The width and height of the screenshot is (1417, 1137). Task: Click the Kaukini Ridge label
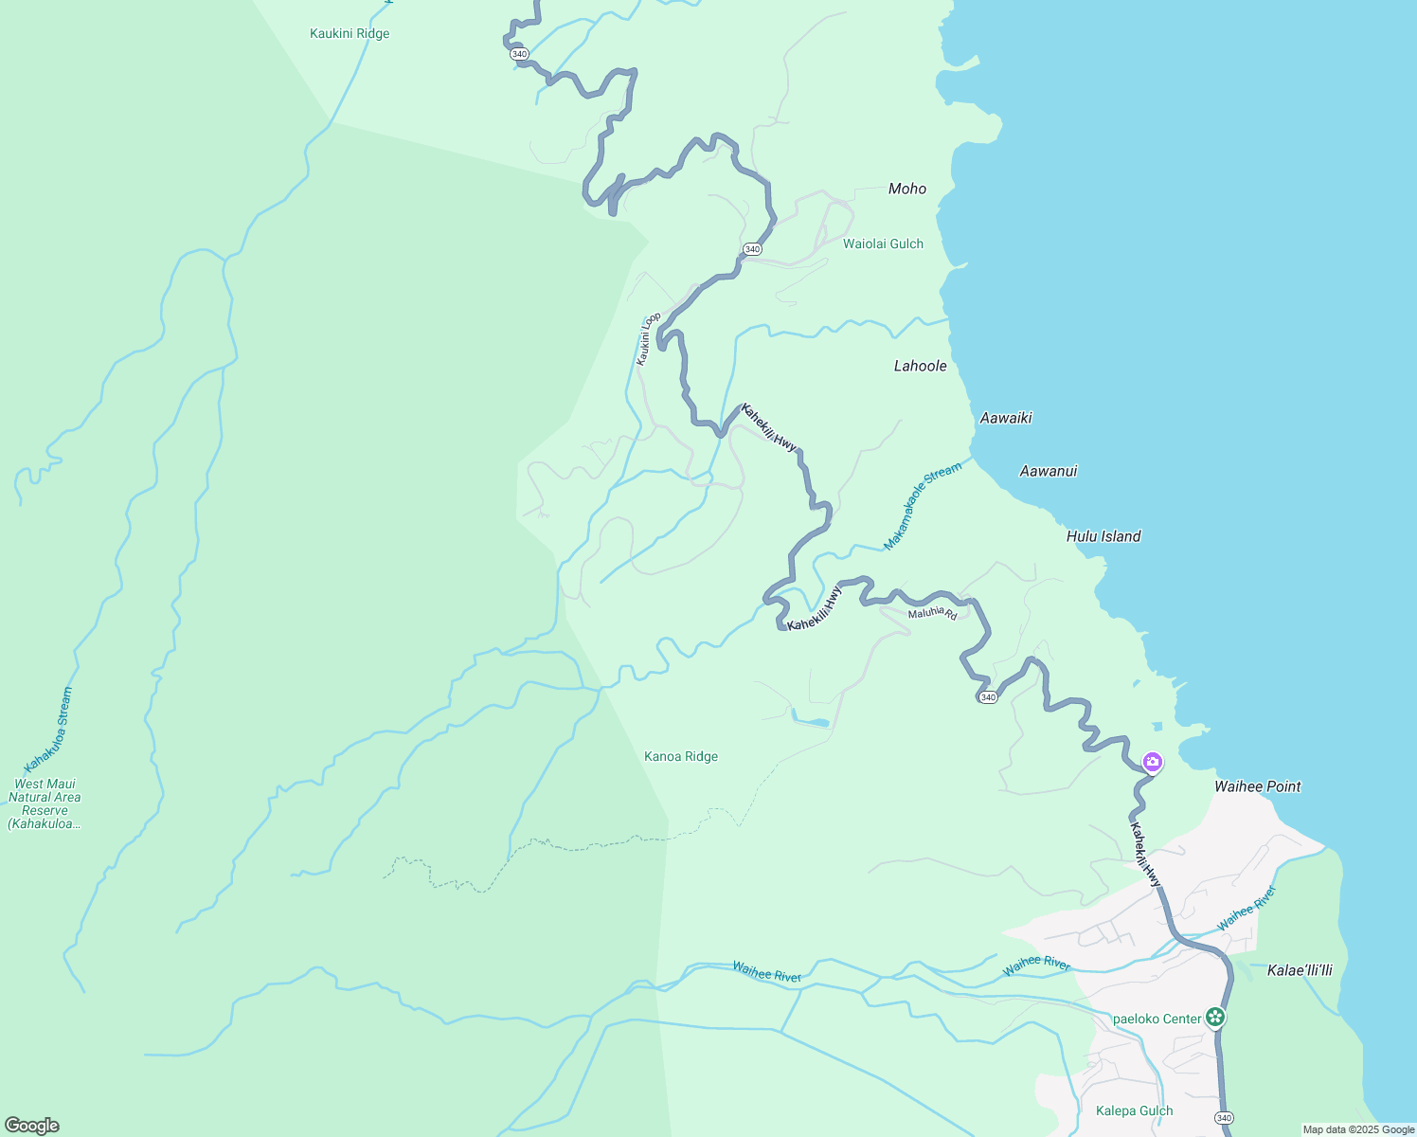(x=350, y=34)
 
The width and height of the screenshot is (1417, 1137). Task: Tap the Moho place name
(x=907, y=189)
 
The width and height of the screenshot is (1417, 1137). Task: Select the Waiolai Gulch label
(x=883, y=244)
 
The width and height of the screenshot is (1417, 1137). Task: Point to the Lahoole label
(x=920, y=366)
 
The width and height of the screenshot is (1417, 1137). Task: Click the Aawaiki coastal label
(x=1006, y=418)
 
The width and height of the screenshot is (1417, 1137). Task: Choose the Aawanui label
(x=1048, y=471)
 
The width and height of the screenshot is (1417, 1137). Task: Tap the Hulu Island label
(x=1103, y=536)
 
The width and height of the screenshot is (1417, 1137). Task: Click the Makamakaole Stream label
(x=922, y=506)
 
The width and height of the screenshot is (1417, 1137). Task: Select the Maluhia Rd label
(x=932, y=614)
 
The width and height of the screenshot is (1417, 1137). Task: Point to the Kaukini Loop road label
(x=648, y=338)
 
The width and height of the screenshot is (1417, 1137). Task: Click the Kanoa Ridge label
(x=681, y=756)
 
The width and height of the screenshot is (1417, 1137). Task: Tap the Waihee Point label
(x=1257, y=786)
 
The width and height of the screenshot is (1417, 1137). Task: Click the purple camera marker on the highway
(x=1152, y=761)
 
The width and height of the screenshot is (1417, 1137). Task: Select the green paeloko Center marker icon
(x=1215, y=1018)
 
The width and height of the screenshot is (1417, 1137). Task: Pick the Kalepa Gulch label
(x=1134, y=1110)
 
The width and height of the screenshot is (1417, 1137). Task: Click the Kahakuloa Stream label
(x=48, y=730)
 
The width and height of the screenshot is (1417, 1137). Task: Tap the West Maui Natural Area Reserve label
(x=45, y=803)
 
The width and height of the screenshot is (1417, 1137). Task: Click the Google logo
(x=31, y=1126)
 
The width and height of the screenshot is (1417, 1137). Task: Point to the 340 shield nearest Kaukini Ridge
(x=519, y=54)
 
